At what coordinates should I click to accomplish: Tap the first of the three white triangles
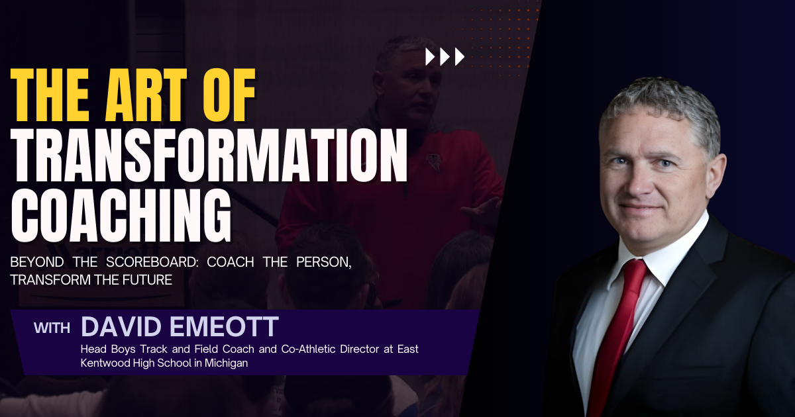tap(430, 57)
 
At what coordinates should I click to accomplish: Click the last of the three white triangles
tap(459, 57)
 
